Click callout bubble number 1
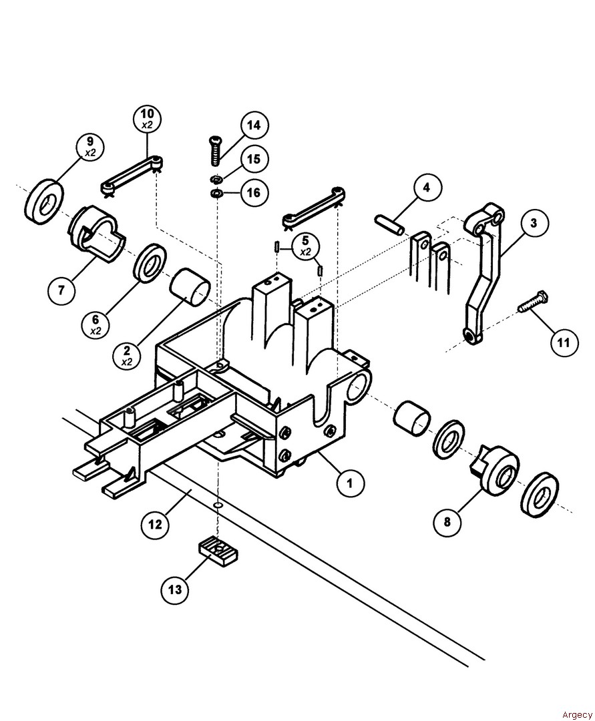350,481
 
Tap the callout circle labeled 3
534,223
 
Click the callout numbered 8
447,521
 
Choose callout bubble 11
564,342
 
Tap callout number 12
155,524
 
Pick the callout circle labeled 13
175,589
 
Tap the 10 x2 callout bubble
147,119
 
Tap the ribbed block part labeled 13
218,551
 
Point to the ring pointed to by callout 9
44,198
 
